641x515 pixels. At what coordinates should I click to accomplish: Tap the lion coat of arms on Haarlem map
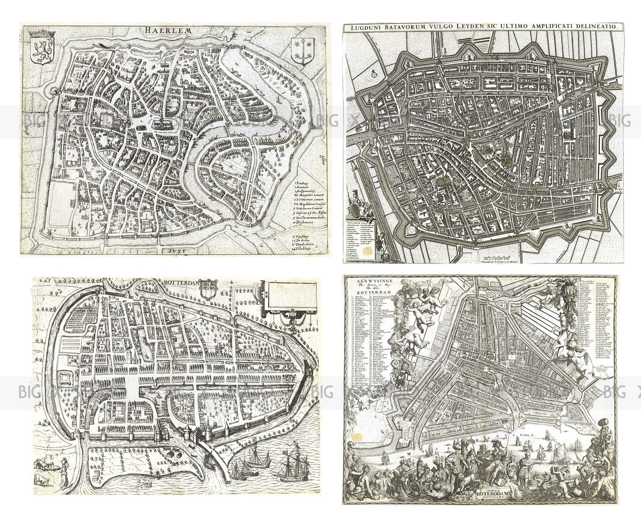tap(40, 50)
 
